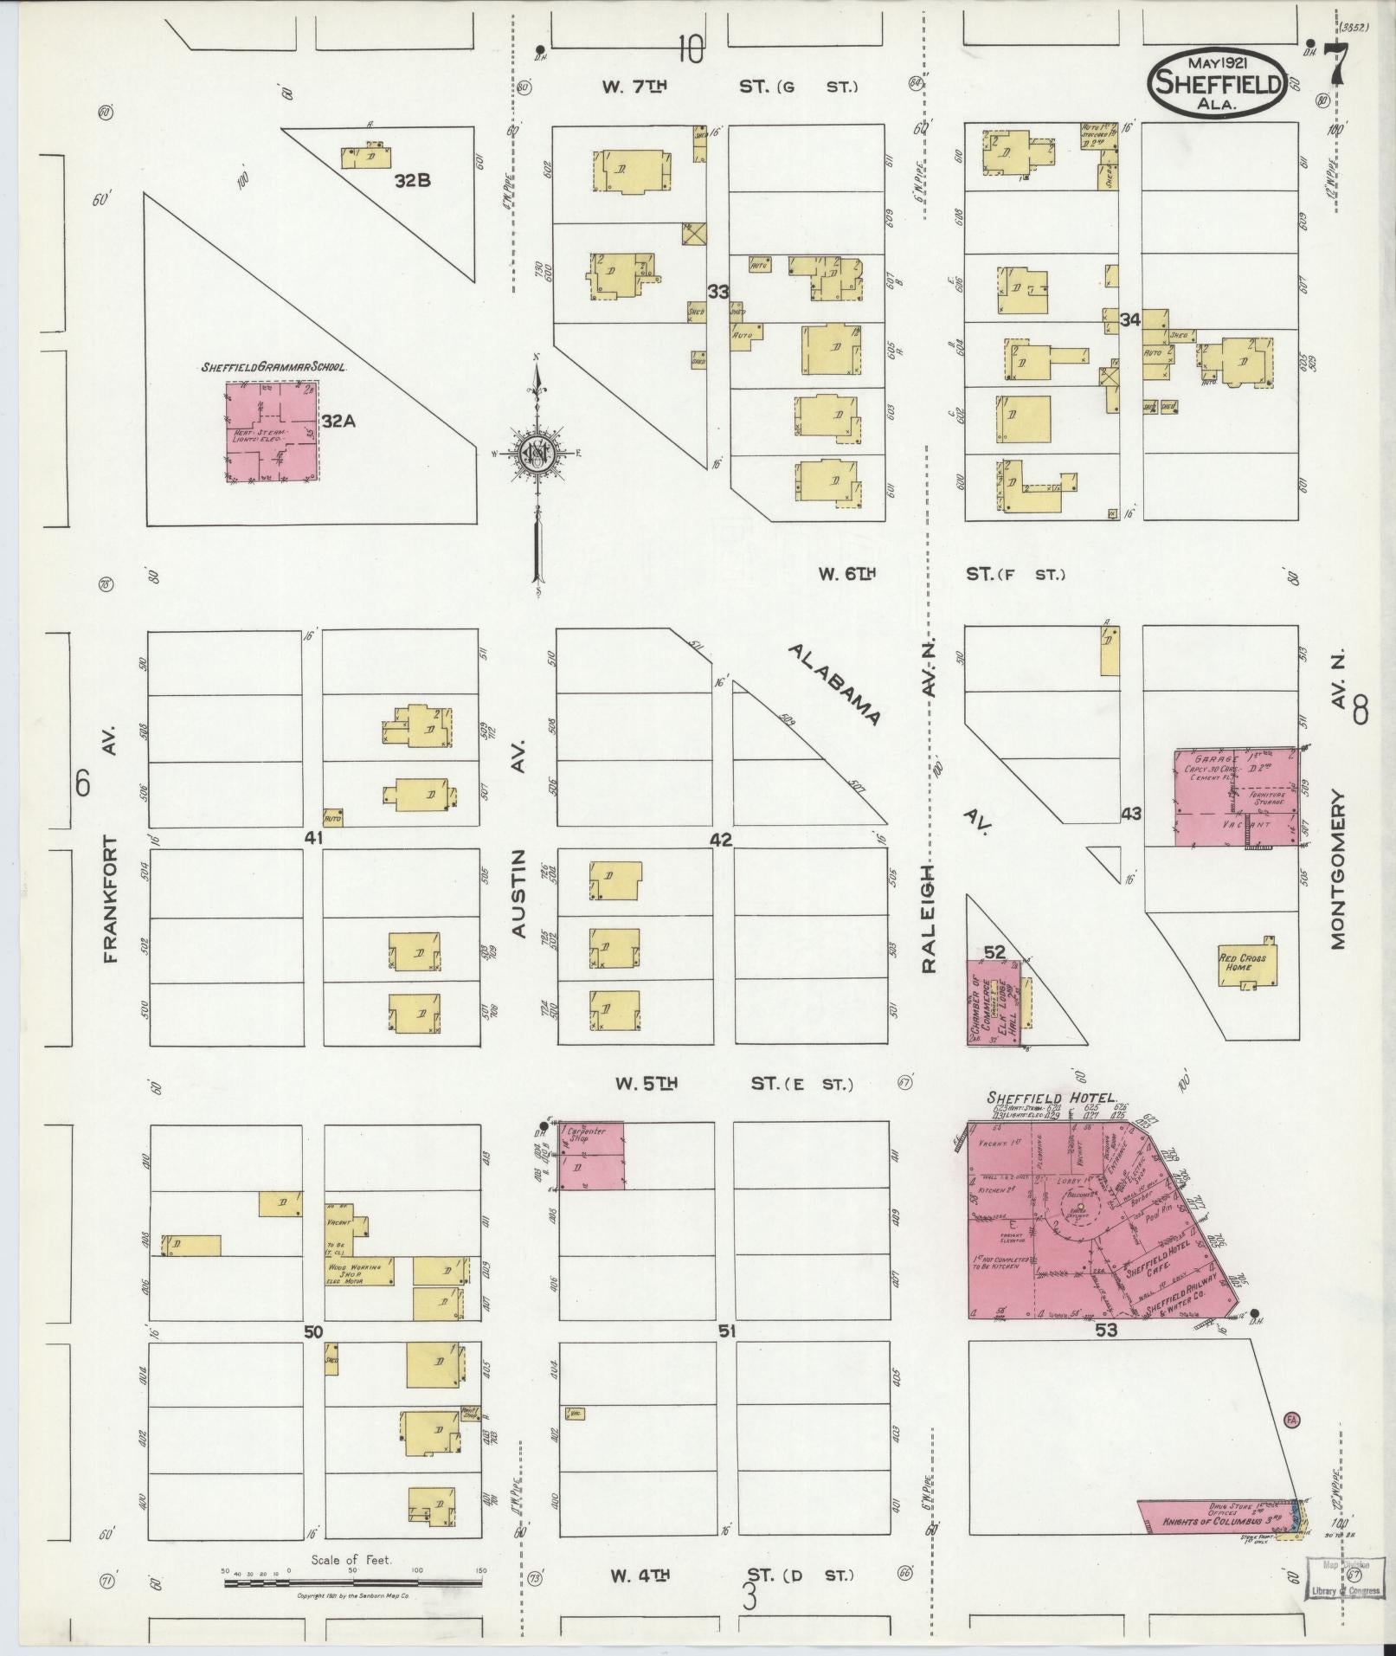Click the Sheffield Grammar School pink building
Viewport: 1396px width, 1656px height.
point(272,432)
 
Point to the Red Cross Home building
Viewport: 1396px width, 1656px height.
point(1245,963)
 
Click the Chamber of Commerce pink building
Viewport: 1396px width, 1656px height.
point(993,1003)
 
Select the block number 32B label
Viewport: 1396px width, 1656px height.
point(412,181)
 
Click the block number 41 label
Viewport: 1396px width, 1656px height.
point(313,838)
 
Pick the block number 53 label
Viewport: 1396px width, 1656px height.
point(1106,1356)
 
